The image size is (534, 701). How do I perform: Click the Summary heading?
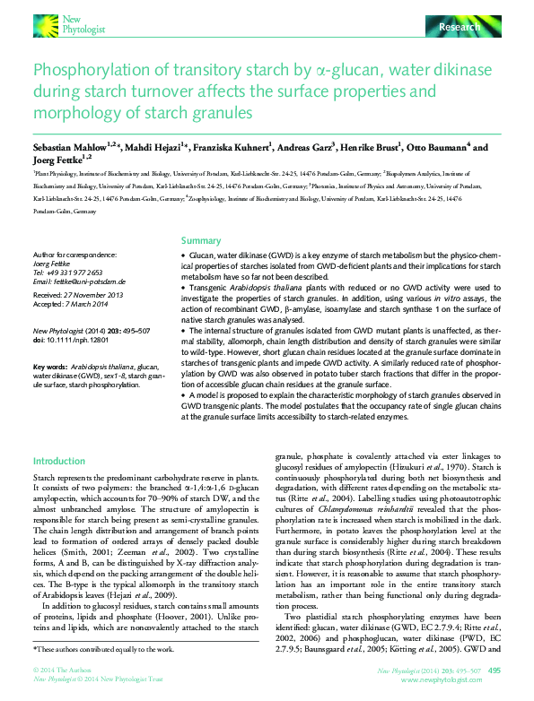pos(201,241)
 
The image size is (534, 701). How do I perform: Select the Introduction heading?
pos(58,462)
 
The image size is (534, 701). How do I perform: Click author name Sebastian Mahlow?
pos(67,146)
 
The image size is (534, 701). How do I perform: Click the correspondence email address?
pos(78,281)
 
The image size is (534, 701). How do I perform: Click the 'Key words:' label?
pos(49,368)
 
